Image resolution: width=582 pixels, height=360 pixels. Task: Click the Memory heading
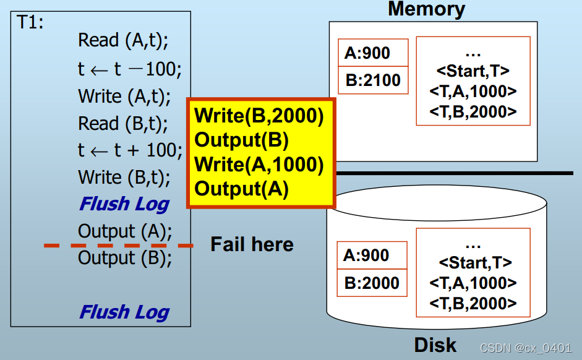tap(426, 9)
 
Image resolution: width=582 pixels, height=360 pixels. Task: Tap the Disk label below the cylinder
tap(435, 345)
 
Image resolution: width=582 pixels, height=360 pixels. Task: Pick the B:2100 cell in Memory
tap(373, 80)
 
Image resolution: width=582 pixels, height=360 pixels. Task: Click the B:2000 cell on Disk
tap(372, 283)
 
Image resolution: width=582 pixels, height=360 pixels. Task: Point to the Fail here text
tap(252, 244)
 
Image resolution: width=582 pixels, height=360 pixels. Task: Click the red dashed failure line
tap(118, 246)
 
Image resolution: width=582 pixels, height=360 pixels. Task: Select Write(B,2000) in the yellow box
tap(259, 116)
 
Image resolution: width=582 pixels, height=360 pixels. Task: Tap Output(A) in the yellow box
tap(242, 189)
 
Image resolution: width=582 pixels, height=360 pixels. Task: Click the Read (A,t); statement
tap(123, 41)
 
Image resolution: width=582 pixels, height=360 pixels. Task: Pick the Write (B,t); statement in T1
tap(124, 178)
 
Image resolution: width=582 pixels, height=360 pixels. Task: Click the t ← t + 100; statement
tap(130, 150)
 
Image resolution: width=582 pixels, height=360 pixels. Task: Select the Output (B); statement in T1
tap(125, 258)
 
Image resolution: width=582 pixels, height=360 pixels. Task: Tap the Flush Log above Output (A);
tap(124, 204)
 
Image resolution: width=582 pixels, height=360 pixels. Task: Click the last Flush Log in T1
tap(124, 312)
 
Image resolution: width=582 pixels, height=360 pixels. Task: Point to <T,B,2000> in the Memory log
tap(473, 112)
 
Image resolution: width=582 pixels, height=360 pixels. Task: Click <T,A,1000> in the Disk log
tap(473, 283)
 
